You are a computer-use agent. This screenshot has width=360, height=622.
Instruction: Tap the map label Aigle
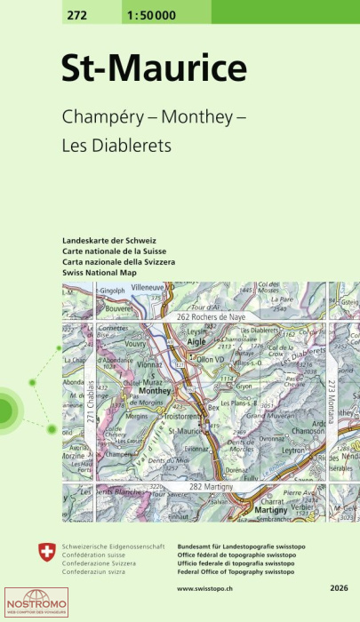197,340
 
